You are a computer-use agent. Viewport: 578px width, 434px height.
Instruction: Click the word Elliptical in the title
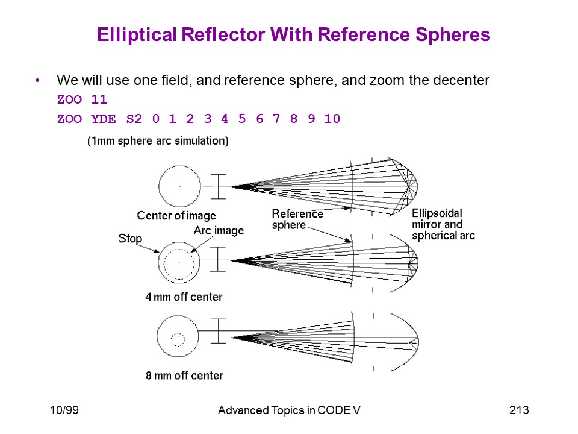point(137,35)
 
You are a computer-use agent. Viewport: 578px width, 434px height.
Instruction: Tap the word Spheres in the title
point(453,35)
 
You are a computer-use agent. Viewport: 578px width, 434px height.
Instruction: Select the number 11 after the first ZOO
point(99,99)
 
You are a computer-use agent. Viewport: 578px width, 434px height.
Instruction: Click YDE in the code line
point(104,119)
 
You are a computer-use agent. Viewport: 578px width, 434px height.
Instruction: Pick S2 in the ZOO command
point(134,119)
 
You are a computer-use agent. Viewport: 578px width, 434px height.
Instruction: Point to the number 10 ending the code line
point(332,119)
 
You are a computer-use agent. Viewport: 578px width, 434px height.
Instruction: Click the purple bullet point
point(37,80)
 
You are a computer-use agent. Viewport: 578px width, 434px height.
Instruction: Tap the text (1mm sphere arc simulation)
point(158,140)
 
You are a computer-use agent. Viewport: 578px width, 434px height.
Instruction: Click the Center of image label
point(176,216)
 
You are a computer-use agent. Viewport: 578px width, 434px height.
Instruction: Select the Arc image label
point(219,231)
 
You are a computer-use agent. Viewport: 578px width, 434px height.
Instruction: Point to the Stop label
point(130,239)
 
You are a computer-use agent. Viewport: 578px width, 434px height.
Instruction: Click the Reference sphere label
point(297,219)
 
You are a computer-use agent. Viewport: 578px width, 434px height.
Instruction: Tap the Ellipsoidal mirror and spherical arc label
point(444,224)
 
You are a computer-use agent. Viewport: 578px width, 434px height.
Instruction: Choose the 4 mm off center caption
point(184,297)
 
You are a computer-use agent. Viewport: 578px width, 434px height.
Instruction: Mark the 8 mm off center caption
point(184,376)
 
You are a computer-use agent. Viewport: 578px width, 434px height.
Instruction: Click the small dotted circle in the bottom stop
point(178,333)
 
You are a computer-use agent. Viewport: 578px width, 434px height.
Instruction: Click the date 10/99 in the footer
point(64,410)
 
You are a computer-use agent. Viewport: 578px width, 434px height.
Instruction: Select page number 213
point(519,410)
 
